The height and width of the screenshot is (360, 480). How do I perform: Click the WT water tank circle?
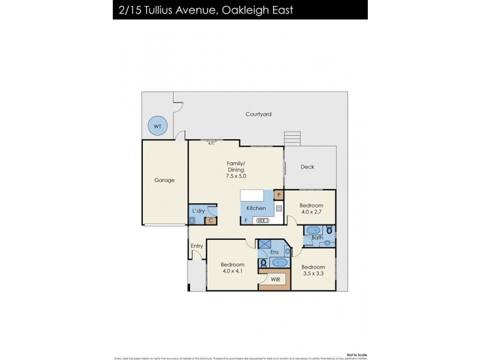point(157,127)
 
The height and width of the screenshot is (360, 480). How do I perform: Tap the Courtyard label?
point(259,114)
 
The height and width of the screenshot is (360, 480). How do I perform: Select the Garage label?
point(164,179)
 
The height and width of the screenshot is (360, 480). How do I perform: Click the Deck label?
point(307,167)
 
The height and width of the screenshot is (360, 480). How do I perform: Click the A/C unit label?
point(211,143)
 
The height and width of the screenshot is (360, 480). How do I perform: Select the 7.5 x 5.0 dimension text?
point(235,176)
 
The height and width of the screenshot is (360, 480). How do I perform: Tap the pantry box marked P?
point(278,195)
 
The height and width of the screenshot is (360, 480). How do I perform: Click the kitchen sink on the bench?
point(278,209)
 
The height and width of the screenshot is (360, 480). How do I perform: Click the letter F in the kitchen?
point(246,221)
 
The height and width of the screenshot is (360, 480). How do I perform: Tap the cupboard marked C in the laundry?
point(210,221)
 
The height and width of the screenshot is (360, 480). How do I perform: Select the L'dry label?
point(197,211)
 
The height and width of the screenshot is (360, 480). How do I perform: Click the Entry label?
point(197,246)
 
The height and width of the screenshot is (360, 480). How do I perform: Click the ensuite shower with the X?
point(265,245)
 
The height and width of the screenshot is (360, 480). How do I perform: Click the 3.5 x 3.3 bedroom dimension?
point(313,274)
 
